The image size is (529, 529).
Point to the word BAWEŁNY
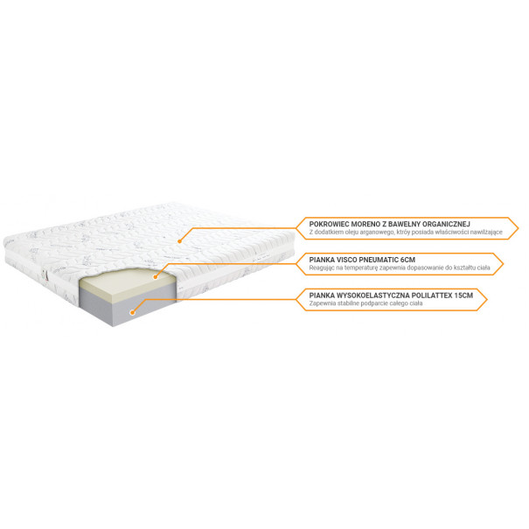tap(404, 224)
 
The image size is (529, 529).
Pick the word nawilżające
tap(488, 232)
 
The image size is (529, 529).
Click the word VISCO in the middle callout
tap(346, 260)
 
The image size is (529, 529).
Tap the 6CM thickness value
tap(407, 260)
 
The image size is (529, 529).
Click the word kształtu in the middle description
tap(465, 268)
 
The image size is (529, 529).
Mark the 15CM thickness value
tap(463, 296)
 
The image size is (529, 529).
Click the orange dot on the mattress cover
tap(179, 241)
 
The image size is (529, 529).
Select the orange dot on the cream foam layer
tap(155, 277)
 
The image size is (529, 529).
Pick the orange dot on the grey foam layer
tap(132, 312)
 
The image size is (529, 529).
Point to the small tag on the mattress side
tap(45, 275)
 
